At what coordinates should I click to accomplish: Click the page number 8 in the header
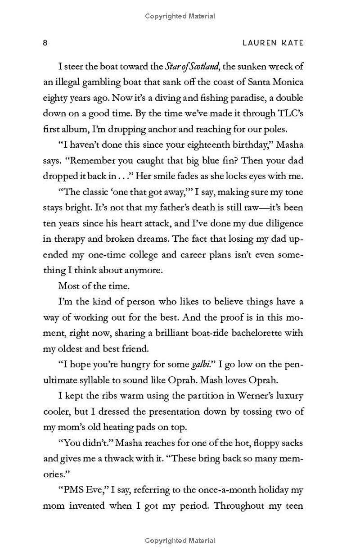[x=45, y=43]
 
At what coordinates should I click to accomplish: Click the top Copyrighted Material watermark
[x=180, y=16]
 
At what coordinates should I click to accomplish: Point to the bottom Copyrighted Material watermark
[x=180, y=541]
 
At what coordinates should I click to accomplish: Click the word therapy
[x=70, y=239]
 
